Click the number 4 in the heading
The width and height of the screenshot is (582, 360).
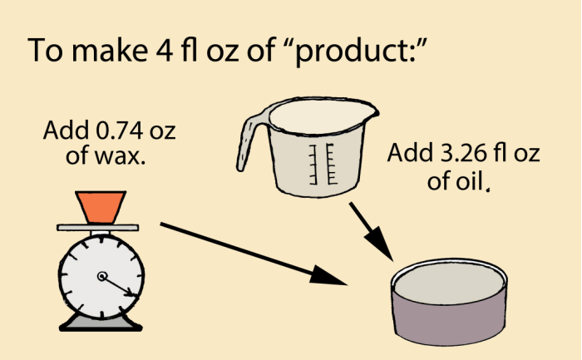[x=164, y=50]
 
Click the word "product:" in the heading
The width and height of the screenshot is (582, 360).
[x=358, y=52]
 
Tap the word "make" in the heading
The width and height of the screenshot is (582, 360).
[x=110, y=49]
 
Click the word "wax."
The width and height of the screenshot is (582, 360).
[x=120, y=156]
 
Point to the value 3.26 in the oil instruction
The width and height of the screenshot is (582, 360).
[x=463, y=153]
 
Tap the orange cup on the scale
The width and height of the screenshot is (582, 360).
[x=101, y=208]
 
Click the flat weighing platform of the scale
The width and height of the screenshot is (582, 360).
[x=98, y=228]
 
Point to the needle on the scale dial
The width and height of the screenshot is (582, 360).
[x=118, y=286]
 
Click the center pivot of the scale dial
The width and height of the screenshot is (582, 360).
[x=101, y=277]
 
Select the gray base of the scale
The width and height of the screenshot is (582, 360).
[x=101, y=323]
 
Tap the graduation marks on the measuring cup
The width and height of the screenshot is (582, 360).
[x=322, y=164]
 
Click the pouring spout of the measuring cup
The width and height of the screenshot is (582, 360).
[x=368, y=110]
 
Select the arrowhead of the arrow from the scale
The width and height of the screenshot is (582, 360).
[x=328, y=275]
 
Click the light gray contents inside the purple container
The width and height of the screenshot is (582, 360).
[x=449, y=283]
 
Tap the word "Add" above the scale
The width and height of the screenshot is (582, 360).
[x=66, y=131]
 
